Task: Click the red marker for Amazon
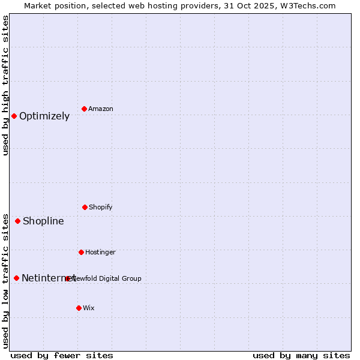coord(85,109)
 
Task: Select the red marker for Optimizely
coord(14,116)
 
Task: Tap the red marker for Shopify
coord(85,207)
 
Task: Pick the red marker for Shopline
coord(17,221)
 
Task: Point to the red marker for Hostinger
coord(81,252)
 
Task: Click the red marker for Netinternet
coord(16,278)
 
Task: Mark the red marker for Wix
coord(79,308)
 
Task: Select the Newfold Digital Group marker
coord(68,278)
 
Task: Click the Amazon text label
coord(101,109)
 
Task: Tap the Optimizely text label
coord(44,116)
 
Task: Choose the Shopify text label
coord(101,207)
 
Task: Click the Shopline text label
coord(43,221)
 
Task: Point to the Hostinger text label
coord(100,252)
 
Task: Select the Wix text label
coord(89,308)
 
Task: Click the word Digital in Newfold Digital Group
coord(110,278)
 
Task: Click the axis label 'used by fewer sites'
coord(62,355)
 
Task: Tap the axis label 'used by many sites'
coord(301,355)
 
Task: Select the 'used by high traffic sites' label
coord(5,85)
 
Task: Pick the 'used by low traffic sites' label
coord(5,281)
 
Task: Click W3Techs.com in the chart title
coord(306,5)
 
